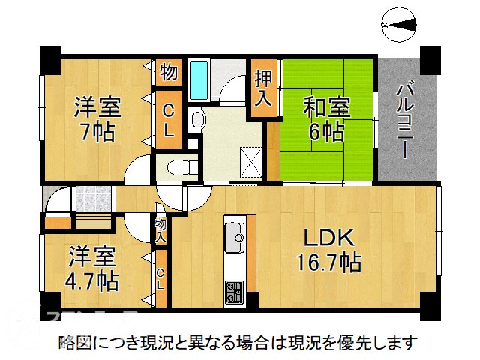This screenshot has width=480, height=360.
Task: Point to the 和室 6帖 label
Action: tap(324, 119)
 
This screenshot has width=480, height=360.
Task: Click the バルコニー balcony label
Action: tap(405, 120)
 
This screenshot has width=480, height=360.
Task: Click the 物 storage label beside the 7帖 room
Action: tap(168, 73)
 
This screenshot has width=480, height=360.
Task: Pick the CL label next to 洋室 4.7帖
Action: tap(160, 278)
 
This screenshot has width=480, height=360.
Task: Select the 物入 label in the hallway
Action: tap(160, 230)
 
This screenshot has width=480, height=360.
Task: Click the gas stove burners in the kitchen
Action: tap(234, 288)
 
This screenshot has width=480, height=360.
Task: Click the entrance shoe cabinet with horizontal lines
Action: tap(93, 222)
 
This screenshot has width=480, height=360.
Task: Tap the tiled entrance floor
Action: tap(92, 199)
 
